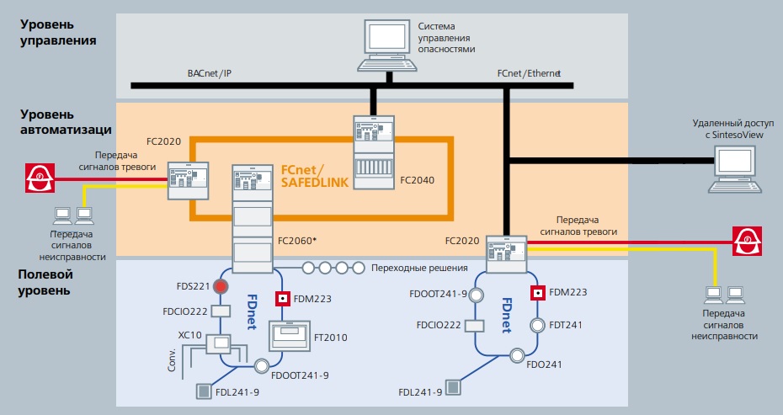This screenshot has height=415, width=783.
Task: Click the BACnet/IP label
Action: tap(209, 74)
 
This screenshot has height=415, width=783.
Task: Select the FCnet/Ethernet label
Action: tap(529, 74)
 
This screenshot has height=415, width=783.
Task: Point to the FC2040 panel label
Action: tap(418, 179)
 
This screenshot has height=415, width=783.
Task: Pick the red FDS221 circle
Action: tap(221, 286)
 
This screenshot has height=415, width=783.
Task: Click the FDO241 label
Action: tap(544, 365)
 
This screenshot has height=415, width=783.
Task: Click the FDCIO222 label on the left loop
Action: tap(184, 311)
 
